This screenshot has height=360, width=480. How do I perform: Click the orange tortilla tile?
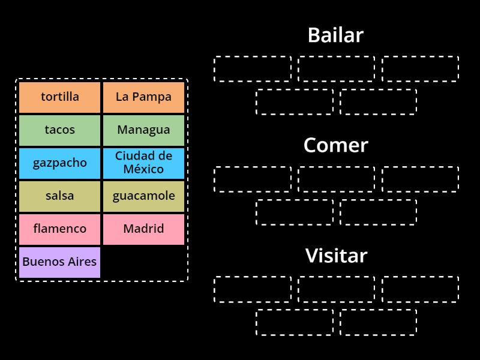59,97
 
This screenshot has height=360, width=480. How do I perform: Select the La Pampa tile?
143,97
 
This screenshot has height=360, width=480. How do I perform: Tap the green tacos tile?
59,130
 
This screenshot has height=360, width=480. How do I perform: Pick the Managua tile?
143,130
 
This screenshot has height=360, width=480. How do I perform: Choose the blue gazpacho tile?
59,163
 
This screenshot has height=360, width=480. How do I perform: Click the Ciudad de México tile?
143,163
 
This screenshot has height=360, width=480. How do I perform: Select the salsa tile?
59,196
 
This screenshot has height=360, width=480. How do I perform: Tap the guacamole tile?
143,196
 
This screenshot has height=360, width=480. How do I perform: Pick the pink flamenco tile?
59,229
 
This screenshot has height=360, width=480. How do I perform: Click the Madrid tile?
143,229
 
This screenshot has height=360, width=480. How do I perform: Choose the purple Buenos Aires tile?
59,262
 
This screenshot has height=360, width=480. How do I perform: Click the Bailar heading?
335,35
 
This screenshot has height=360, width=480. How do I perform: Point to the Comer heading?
335,145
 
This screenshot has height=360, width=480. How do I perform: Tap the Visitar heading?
336,256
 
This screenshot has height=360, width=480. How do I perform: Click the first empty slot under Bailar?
253,69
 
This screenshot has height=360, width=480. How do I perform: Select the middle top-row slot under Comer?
336,179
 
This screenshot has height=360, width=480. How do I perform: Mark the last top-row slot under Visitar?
420,289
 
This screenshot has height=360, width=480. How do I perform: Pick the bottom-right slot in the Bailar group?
378,102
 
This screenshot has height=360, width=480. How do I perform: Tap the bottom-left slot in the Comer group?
294,212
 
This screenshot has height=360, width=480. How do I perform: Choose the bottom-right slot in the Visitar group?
378,323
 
